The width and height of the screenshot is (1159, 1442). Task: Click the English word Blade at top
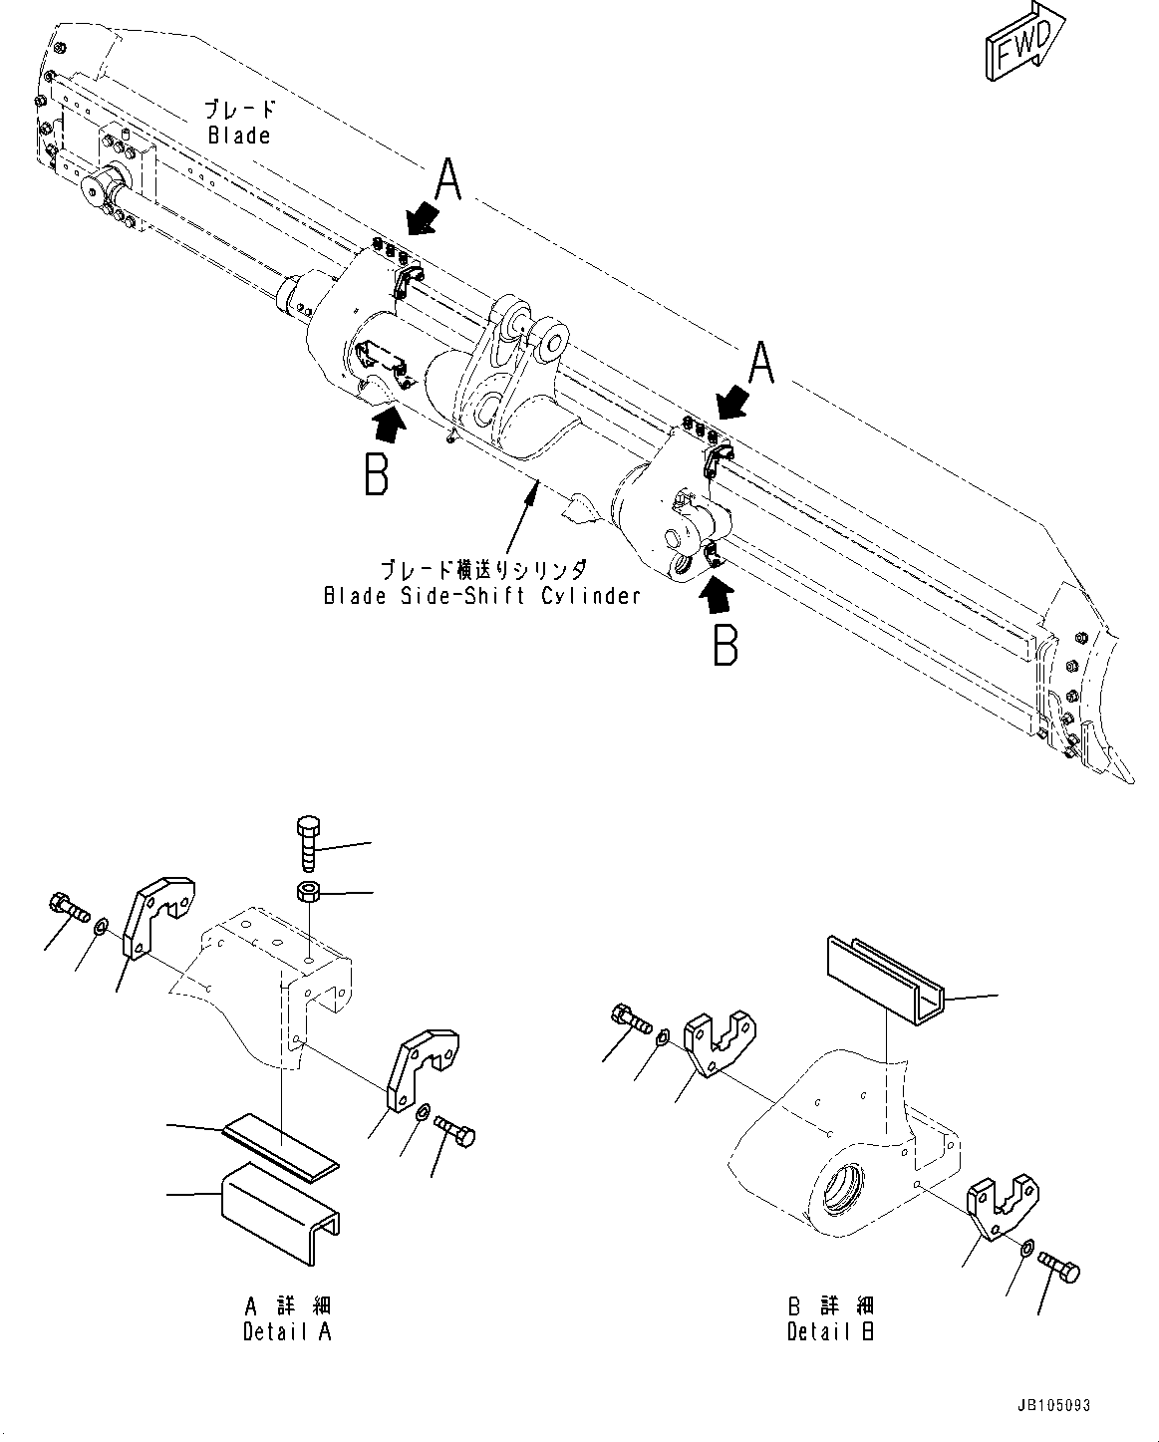tap(239, 136)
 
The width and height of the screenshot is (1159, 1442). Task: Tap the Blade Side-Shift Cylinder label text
tap(481, 596)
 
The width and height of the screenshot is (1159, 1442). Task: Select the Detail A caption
tap(287, 1331)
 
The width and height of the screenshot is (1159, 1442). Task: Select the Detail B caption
tap(830, 1331)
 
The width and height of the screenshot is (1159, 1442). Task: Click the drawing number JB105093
tap(1054, 1406)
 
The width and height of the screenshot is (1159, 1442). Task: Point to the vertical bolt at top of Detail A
tap(308, 842)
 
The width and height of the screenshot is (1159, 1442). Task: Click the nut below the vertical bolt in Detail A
tap(308, 890)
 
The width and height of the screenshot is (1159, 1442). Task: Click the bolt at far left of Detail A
tap(67, 906)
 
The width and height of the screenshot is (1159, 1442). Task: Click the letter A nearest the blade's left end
tap(448, 183)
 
